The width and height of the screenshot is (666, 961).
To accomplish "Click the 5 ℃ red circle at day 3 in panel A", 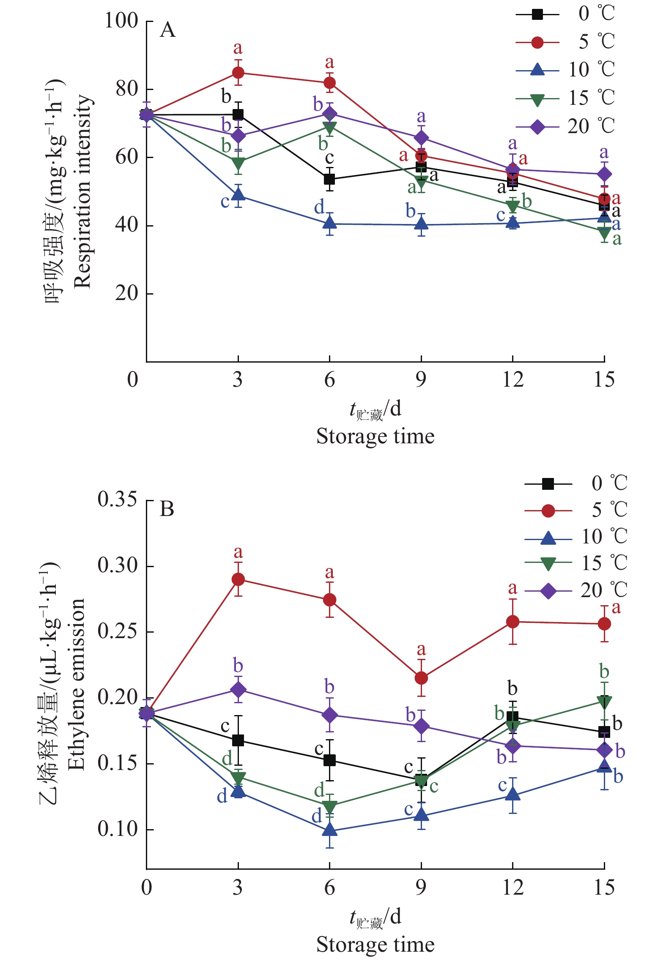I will pos(238,73).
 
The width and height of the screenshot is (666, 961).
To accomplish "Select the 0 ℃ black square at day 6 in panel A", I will pos(329,179).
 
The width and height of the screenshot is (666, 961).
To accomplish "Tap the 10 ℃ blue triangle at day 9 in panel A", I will pos(421,224).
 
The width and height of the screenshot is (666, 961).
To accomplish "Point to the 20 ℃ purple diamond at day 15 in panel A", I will pos(604,174).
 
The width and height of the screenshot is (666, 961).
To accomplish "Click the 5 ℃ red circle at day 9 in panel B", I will pos(421,678).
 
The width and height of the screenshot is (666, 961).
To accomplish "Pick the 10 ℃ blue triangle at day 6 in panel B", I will pos(329,830).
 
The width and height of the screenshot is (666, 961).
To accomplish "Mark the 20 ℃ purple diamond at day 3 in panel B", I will pos(238,689).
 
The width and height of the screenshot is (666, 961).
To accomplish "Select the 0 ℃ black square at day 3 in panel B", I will pos(238,740).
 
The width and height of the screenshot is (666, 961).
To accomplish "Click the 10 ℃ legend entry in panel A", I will pos(565,70).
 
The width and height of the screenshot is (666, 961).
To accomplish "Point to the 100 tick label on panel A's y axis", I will pos(121,21).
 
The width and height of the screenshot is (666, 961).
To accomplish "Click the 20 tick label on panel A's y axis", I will pos(126,293).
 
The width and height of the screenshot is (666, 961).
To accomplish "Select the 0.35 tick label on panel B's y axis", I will pos(112,500).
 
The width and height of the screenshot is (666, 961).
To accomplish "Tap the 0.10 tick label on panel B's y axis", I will pos(112,829).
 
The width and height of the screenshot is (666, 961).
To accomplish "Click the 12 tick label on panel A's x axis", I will pos(513,379).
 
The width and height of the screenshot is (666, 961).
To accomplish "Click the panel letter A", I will pos(168,30).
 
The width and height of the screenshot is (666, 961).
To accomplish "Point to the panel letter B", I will pos(167,509).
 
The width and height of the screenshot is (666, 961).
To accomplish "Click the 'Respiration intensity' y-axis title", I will pos(82,191).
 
